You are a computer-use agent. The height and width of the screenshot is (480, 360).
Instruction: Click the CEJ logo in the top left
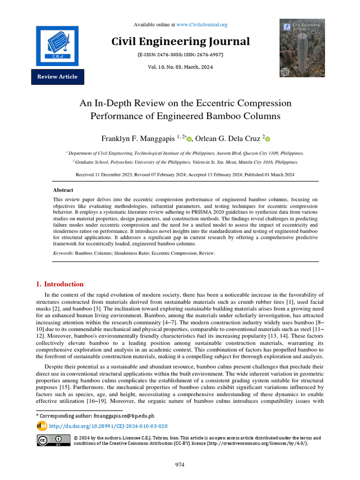(57, 45)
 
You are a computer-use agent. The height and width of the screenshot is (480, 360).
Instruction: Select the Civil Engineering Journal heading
(180, 41)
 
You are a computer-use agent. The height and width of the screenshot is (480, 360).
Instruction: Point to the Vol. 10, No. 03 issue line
(180, 67)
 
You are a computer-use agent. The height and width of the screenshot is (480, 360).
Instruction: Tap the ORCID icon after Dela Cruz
(268, 138)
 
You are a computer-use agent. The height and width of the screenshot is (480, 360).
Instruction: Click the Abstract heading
(63, 190)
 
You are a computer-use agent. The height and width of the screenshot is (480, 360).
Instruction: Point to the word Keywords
(63, 253)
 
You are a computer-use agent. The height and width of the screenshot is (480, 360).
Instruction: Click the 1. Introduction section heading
(60, 284)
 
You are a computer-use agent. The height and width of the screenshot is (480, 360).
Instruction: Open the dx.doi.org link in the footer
(108, 426)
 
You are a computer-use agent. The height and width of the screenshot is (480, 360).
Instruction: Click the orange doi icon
(42, 426)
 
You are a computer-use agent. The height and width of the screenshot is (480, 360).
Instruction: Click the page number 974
(180, 465)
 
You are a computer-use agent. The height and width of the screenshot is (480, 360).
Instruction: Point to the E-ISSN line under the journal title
(180, 55)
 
